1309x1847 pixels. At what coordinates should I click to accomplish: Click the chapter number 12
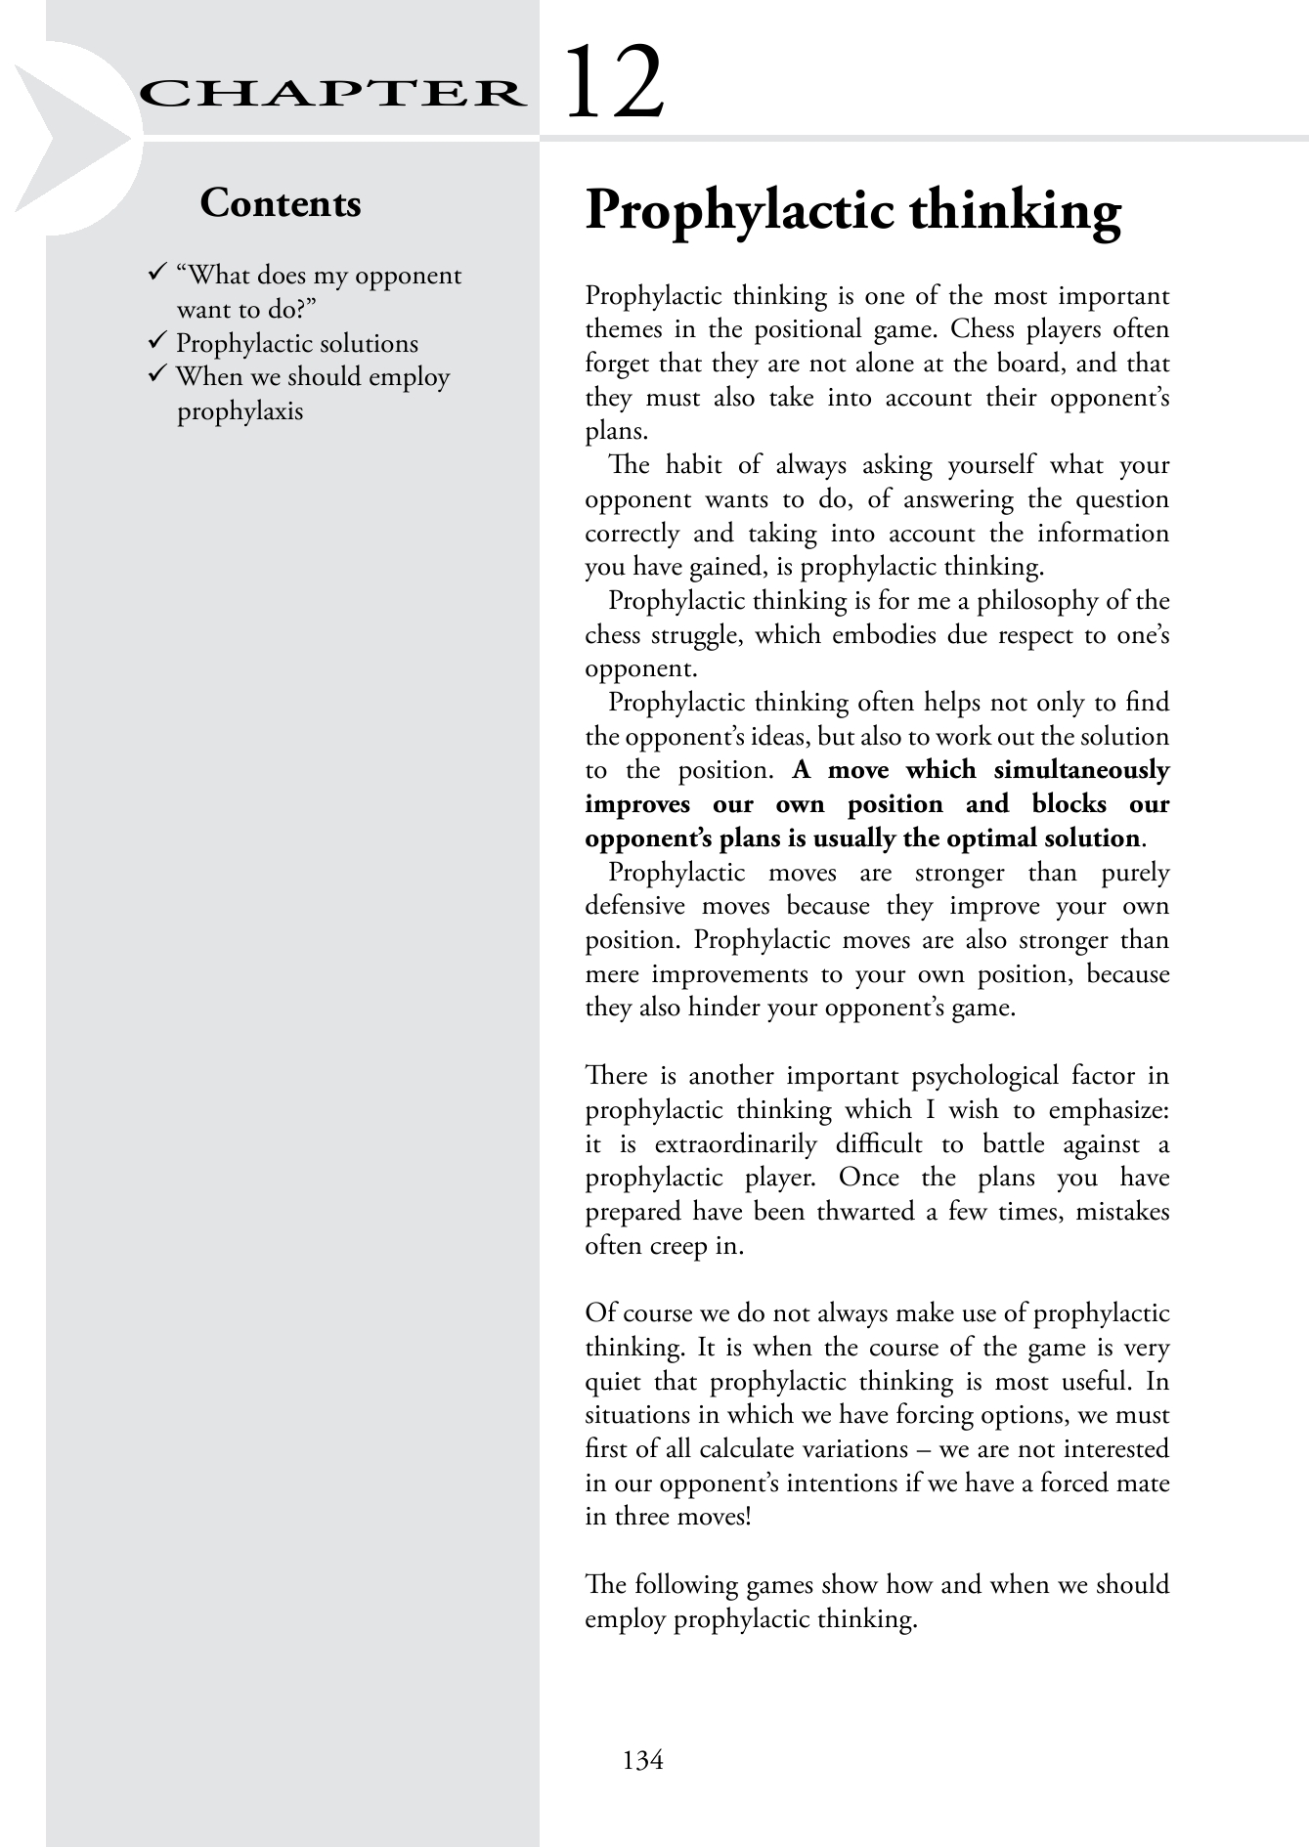(615, 83)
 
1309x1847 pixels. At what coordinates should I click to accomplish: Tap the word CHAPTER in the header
(329, 94)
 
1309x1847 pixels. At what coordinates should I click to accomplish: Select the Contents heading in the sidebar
(281, 203)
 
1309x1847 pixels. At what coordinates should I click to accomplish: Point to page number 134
(642, 1760)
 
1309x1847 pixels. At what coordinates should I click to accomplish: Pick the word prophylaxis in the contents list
(240, 410)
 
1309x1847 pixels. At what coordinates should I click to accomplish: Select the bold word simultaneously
(1081, 770)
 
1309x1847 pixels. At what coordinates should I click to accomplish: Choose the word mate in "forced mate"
(1143, 1482)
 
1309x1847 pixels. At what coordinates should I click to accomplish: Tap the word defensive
(634, 906)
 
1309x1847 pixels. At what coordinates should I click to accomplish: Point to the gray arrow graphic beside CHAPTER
(68, 137)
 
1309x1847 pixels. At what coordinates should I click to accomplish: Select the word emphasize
(1109, 1110)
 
